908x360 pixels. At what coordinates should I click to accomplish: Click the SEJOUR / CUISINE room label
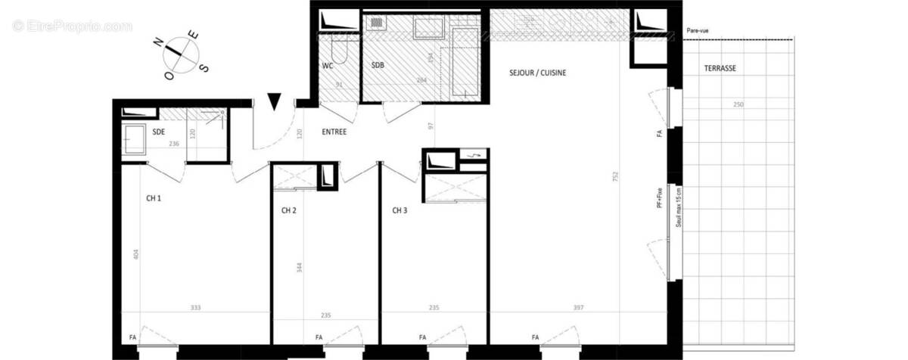tap(537, 73)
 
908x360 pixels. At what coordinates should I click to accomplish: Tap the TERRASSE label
tap(720, 68)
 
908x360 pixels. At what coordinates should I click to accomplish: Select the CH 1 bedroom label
tap(154, 198)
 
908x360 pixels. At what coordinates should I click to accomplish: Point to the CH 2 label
tap(288, 210)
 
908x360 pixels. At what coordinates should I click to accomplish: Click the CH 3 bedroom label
tap(400, 210)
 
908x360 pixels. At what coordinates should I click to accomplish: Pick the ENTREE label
tap(334, 132)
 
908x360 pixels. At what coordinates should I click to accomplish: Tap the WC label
tap(328, 66)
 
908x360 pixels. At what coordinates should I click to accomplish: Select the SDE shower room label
tap(159, 132)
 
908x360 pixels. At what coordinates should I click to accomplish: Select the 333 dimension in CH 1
tap(195, 308)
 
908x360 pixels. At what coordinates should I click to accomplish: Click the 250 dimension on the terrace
tap(738, 104)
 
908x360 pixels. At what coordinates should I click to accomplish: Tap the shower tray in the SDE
tap(137, 139)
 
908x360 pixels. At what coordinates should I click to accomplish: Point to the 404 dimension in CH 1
tap(136, 256)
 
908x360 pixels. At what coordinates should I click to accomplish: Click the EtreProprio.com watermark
tap(72, 26)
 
